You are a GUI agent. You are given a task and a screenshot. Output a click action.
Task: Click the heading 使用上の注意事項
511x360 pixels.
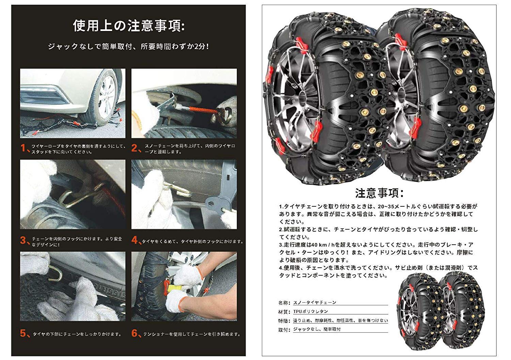[129, 26]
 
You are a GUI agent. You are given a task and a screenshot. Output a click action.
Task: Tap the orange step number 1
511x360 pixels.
[24, 148]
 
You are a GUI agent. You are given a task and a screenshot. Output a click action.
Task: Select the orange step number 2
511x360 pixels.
[135, 148]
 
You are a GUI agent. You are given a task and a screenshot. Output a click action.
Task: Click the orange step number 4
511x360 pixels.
[135, 241]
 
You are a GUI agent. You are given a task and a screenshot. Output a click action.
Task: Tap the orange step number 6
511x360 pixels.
[135, 333]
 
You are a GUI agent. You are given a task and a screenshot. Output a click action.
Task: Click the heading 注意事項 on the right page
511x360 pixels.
[379, 193]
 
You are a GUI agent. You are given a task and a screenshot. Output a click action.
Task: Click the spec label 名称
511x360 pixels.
[284, 302]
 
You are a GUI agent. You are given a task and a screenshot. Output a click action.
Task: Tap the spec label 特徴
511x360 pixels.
[284, 321]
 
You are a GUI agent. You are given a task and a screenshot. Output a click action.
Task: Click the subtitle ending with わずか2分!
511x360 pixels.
[128, 46]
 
